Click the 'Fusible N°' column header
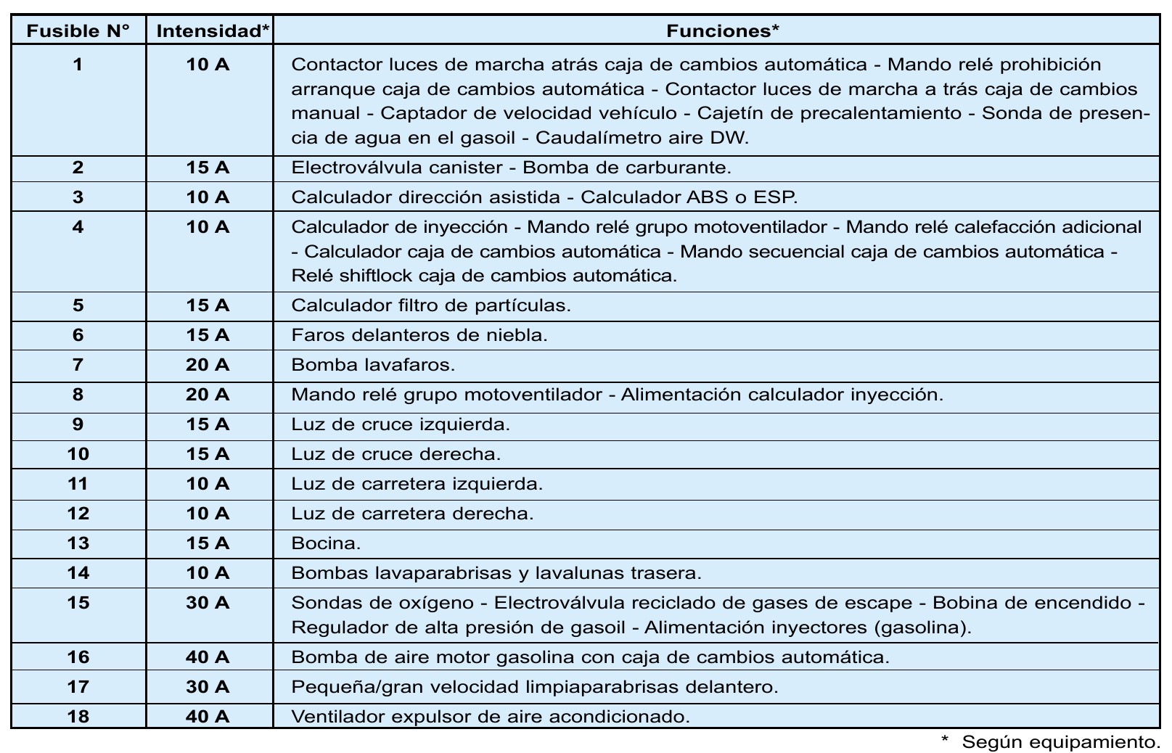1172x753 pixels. (78, 30)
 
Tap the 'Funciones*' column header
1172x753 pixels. (722, 30)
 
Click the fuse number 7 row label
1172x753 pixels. (78, 365)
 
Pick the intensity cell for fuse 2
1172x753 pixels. (208, 168)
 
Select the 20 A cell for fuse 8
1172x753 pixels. (208, 395)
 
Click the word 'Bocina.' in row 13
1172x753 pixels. (326, 543)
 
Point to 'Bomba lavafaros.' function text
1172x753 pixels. (373, 365)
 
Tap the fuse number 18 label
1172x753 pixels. (78, 717)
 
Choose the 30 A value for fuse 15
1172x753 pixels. (208, 603)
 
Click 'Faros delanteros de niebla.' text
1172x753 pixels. (419, 335)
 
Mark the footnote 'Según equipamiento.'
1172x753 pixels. (1059, 741)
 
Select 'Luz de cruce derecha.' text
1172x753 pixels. (396, 454)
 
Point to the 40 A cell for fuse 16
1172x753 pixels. (208, 657)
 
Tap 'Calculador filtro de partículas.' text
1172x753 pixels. (431, 305)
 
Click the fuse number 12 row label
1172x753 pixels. (78, 514)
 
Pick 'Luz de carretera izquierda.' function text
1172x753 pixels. (417, 484)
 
